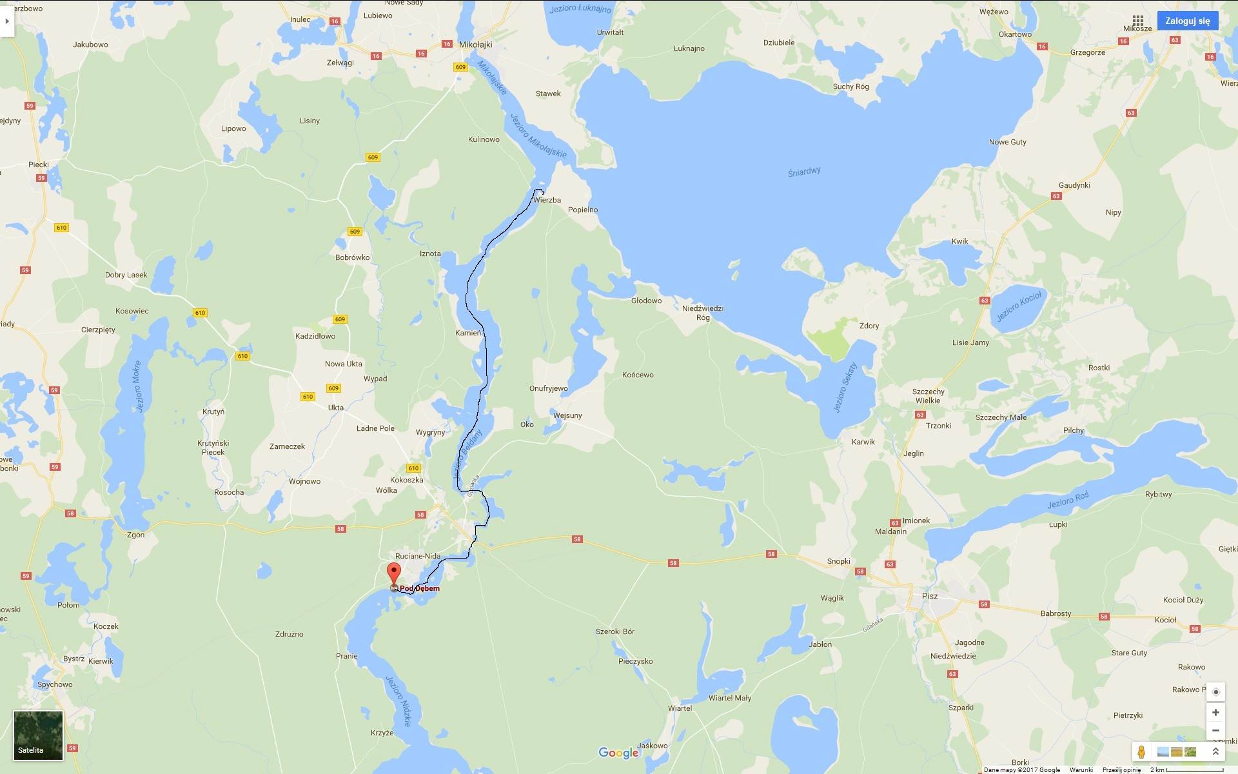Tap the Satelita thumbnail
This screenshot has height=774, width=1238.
coord(39,735)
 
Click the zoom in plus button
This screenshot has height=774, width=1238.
coord(1215,713)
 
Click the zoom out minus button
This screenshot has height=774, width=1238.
coord(1215,731)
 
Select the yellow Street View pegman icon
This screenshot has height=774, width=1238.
coord(1141,752)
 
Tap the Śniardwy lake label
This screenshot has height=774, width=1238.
coord(804,172)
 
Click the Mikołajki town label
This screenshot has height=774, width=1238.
coord(475,45)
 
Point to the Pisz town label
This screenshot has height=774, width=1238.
coord(930,596)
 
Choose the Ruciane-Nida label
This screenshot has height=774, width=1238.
coord(418,556)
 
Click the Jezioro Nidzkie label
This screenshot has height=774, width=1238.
coord(398,701)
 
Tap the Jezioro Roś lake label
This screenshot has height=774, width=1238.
coord(1068,500)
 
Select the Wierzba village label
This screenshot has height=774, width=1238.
coord(547,200)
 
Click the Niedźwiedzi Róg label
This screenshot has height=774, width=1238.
coord(703,313)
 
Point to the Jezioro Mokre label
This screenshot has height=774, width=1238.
coord(137,386)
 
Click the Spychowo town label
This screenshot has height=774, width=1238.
coord(55,684)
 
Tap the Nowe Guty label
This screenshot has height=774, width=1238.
coord(1008,142)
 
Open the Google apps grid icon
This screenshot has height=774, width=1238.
coord(1138,21)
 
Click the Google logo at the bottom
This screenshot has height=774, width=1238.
coord(618,753)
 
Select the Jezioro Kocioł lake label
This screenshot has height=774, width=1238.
coord(1019,306)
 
